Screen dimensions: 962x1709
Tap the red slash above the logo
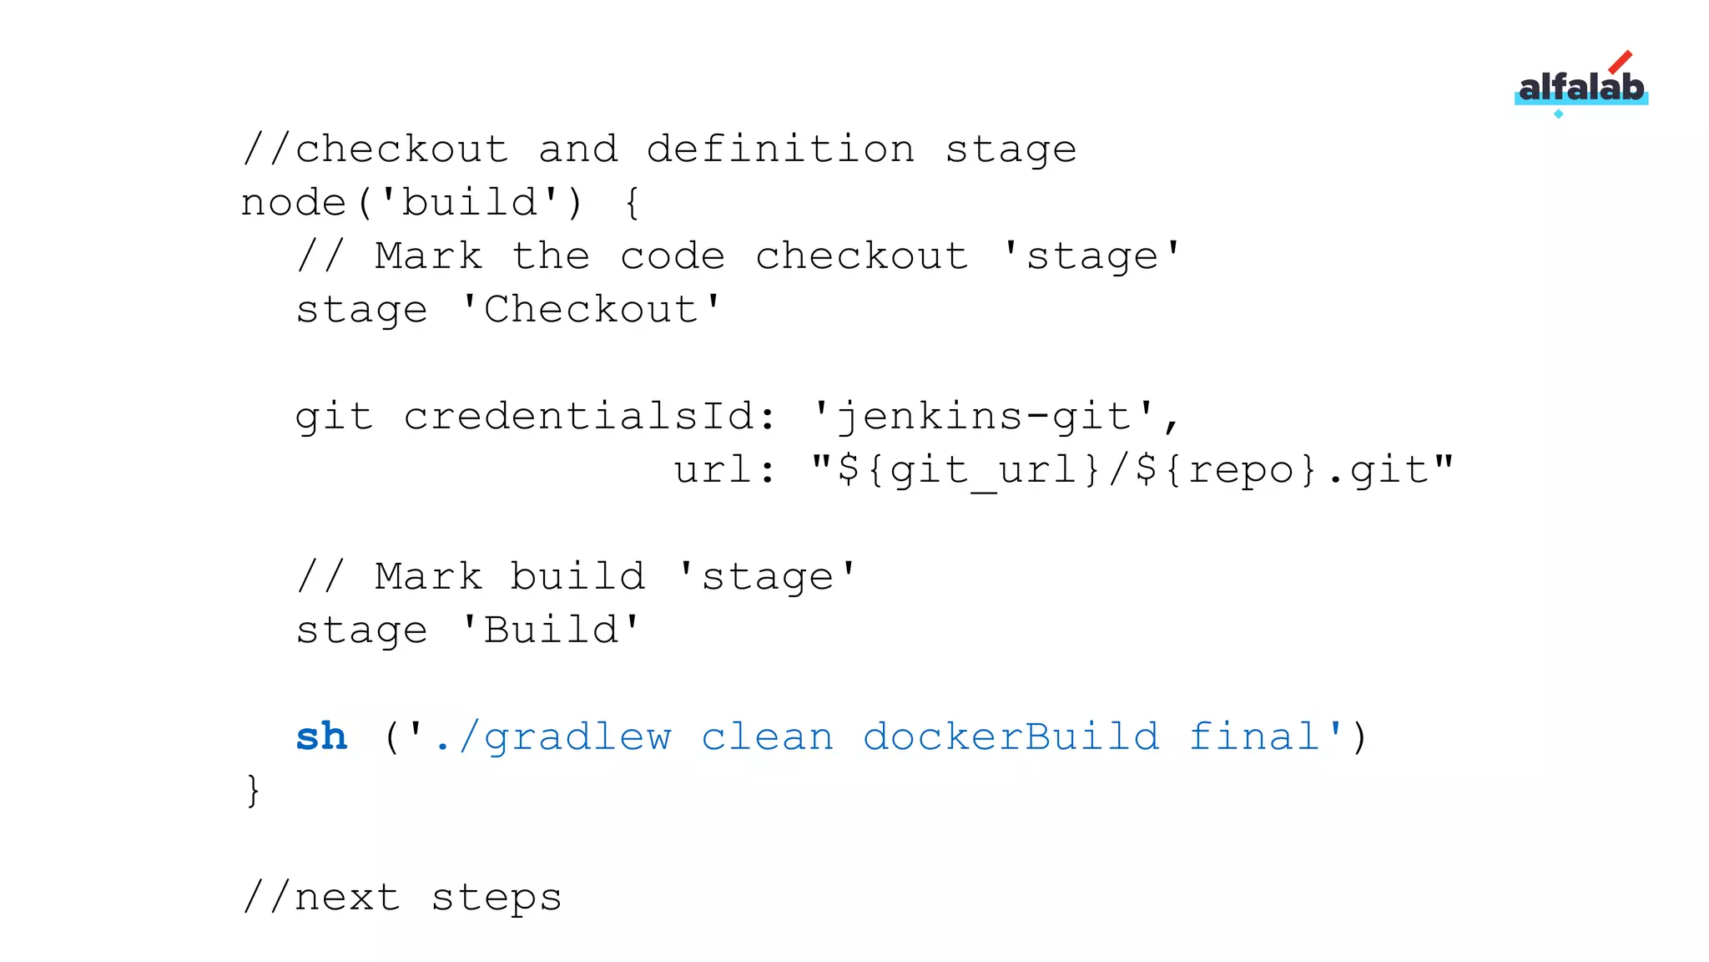tap(1620, 62)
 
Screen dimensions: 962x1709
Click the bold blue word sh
tap(321, 737)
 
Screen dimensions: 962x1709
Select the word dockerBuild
tap(1011, 737)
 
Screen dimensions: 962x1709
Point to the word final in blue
tap(1253, 737)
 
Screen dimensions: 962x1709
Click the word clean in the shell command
tap(767, 737)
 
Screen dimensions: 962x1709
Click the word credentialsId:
tap(591, 416)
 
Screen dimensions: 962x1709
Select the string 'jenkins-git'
tap(985, 416)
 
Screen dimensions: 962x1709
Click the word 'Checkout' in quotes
tap(591, 309)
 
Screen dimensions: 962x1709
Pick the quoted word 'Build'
tap(551, 630)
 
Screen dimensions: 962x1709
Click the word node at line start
tap(294, 202)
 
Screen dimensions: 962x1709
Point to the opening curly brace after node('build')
tap(633, 203)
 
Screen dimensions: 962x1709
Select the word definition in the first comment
tap(780, 149)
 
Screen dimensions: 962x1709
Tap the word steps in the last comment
tap(497, 898)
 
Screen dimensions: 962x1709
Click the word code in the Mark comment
tap(673, 256)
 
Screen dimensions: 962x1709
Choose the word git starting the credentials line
tap(334, 416)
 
